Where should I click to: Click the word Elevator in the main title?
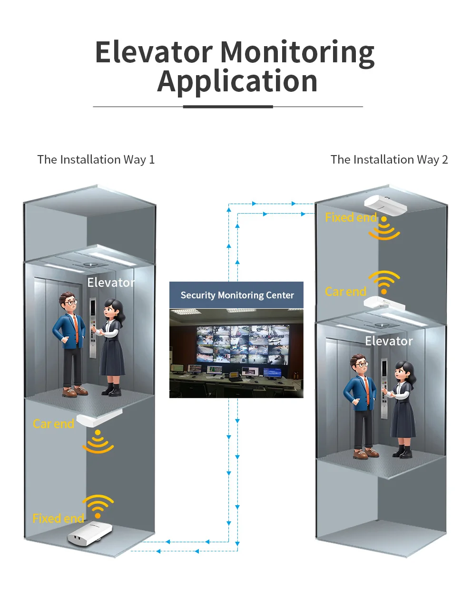pos(154,52)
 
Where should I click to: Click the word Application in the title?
pos(237,81)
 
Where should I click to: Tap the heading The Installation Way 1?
pos(96,159)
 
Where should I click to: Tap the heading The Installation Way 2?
pos(389,159)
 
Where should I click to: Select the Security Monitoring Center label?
pos(237,295)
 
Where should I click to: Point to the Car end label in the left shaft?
pos(53,424)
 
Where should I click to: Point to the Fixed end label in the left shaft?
pos(58,518)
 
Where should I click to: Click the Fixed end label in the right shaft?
pos(351,217)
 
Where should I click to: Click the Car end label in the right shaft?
pos(345,292)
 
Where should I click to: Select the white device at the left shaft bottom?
pos(89,533)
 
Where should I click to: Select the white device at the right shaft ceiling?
pos(386,204)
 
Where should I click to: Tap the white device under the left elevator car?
pos(98,418)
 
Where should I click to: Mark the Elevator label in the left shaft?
pos(111,283)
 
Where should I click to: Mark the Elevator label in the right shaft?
pos(389,341)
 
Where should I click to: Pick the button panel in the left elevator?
pos(93,328)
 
